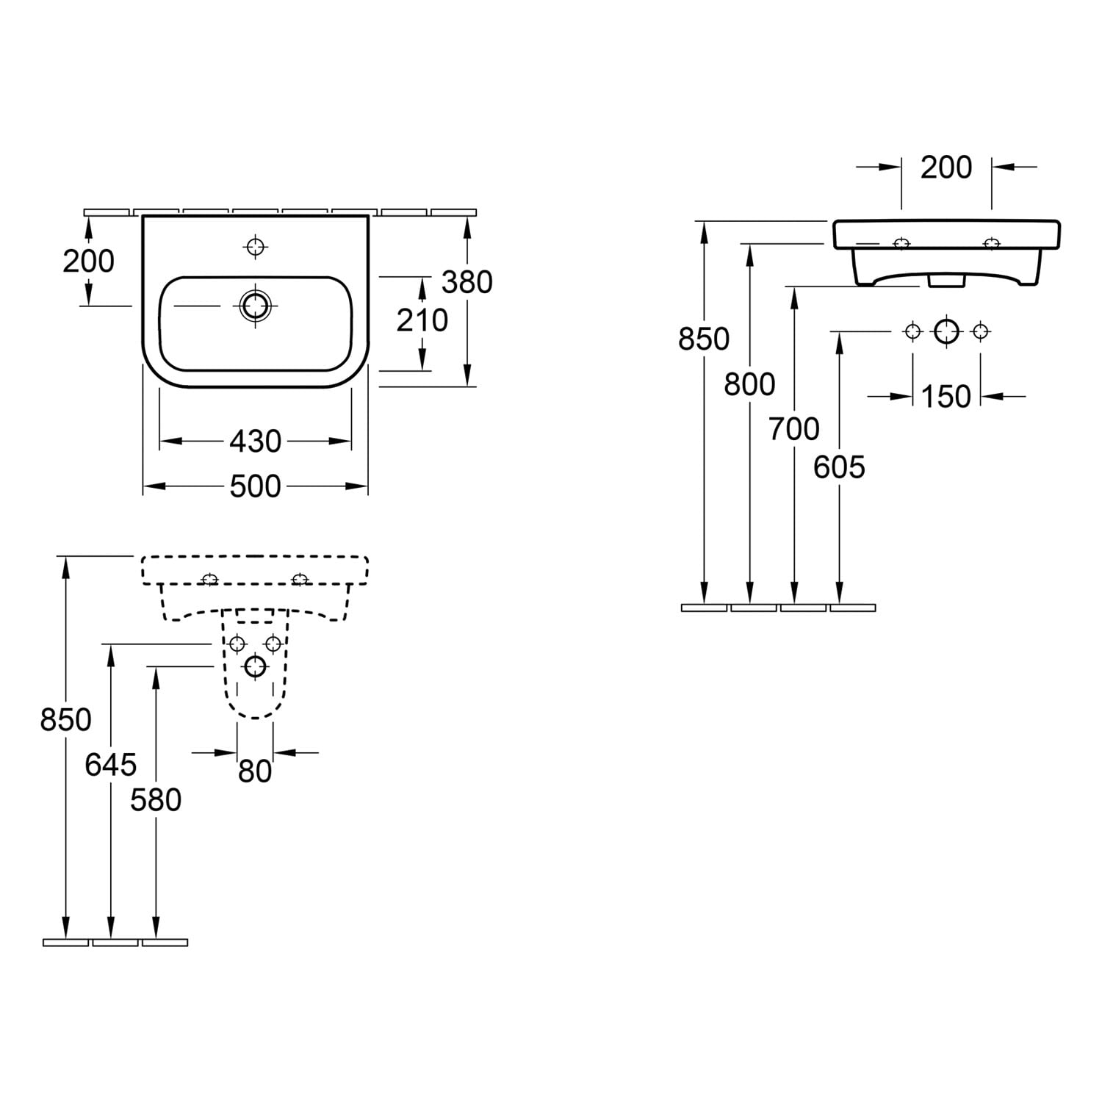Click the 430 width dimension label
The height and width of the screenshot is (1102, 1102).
pyautogui.click(x=256, y=441)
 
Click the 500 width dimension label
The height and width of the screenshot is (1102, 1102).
pyautogui.click(x=256, y=486)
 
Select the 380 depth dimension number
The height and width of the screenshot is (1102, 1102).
pyautogui.click(x=467, y=281)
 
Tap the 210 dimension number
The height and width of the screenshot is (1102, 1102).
pyautogui.click(x=422, y=320)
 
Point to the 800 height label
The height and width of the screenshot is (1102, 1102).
pyautogui.click(x=749, y=383)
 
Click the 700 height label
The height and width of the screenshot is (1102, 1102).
pyautogui.click(x=794, y=428)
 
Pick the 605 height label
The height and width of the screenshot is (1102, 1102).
pyautogui.click(x=839, y=467)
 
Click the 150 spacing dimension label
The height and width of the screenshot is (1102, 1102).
pyautogui.click(x=946, y=397)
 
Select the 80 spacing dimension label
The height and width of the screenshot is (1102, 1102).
pyautogui.click(x=255, y=771)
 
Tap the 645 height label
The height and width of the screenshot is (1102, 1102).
pyautogui.click(x=111, y=765)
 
